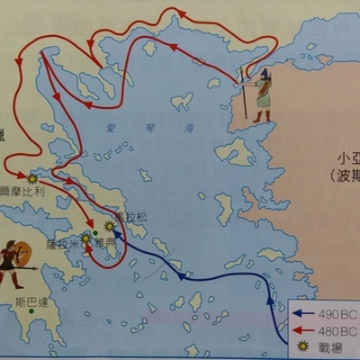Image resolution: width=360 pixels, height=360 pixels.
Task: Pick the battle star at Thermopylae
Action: (x=33, y=176)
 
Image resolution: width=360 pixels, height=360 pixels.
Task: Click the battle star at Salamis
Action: (x=86, y=240)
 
